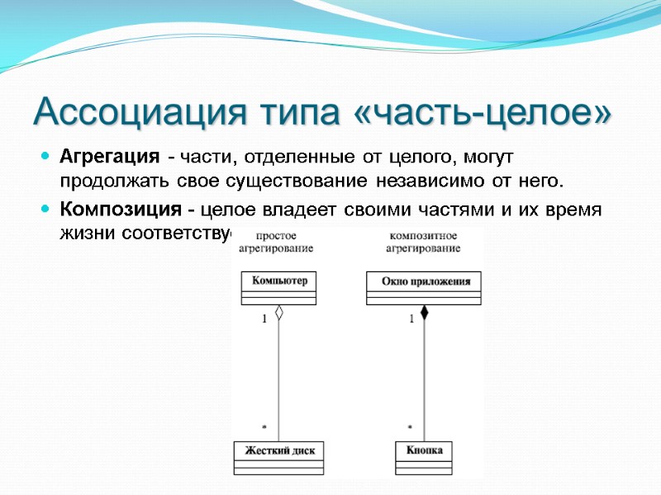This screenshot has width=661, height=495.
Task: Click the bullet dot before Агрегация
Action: click(45, 156)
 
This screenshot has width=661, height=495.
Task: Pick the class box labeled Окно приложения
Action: click(424, 288)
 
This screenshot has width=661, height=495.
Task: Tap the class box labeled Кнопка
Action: click(424, 457)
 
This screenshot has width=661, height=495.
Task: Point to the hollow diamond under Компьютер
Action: click(279, 313)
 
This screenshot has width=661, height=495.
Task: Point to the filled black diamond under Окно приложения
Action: click(424, 313)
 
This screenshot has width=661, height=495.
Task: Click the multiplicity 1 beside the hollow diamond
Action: click(265, 318)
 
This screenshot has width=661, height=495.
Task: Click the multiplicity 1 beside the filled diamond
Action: click(411, 318)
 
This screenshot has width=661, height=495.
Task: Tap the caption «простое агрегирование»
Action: click(276, 242)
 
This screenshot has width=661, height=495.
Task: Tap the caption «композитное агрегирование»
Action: click(423, 242)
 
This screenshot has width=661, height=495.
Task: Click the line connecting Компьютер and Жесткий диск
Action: click(279, 379)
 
